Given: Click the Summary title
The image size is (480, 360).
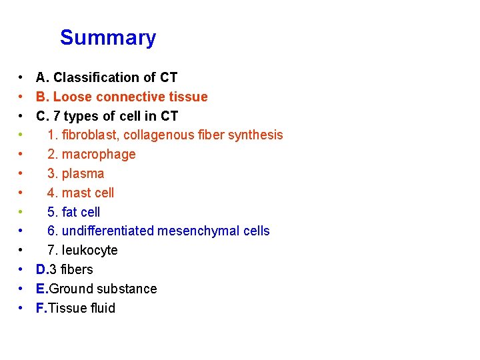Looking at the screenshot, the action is coord(108,38).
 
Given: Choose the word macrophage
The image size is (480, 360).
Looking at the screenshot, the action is coord(99,155).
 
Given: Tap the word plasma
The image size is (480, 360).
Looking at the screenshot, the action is coord(83,174).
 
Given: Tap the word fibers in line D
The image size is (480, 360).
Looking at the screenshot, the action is coord(76,270).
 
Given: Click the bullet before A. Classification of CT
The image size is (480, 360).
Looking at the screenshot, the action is coord(22,78).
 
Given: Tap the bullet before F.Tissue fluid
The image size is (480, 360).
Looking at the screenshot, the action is coord(22,309).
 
